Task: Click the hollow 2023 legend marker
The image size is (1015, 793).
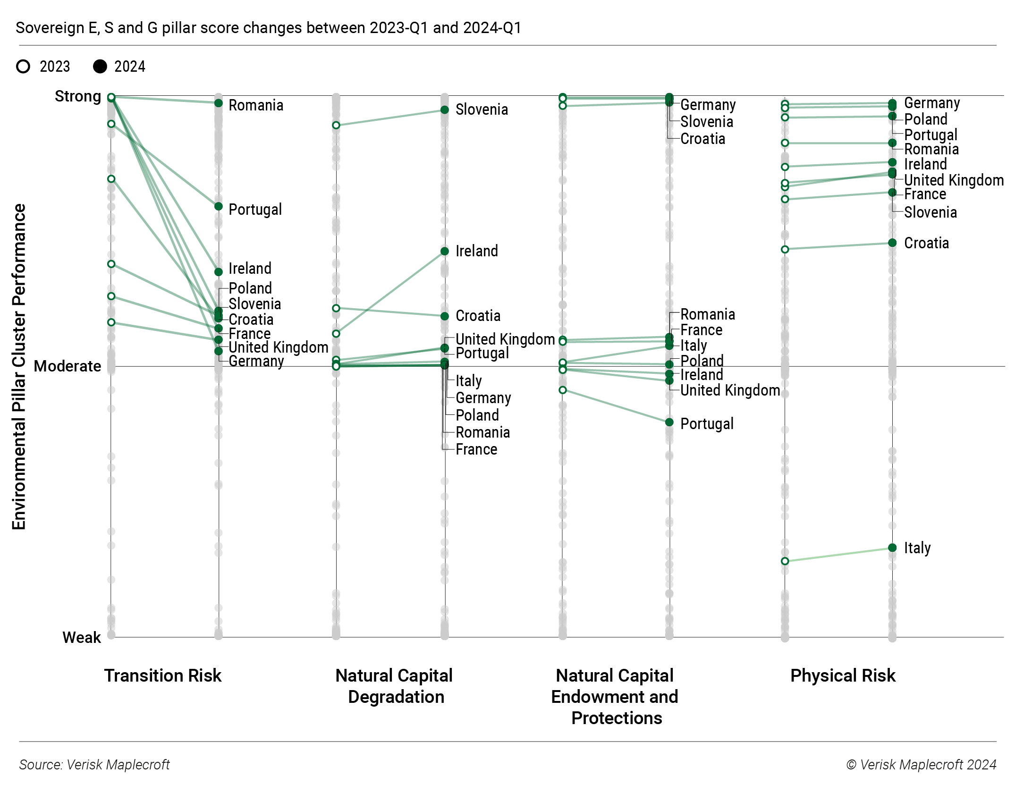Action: click(23, 67)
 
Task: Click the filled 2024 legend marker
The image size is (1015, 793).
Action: click(100, 67)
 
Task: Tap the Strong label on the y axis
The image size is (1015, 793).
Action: click(78, 96)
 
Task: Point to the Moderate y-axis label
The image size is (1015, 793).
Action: click(68, 366)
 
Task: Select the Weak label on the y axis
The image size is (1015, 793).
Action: click(82, 638)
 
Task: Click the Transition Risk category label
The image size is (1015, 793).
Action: click(163, 675)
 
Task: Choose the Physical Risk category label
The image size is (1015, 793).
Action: click(843, 675)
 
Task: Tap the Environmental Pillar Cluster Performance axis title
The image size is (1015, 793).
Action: click(19, 367)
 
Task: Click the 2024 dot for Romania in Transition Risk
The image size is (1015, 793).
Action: click(219, 103)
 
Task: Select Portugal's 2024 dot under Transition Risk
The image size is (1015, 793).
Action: click(219, 206)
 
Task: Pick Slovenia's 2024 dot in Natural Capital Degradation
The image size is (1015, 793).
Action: click(445, 110)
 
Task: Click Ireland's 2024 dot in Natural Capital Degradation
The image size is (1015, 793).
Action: click(445, 251)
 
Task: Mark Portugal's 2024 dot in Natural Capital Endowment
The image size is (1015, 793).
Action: click(669, 422)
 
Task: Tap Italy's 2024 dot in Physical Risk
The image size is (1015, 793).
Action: click(892, 548)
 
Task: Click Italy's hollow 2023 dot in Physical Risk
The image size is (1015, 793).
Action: click(785, 561)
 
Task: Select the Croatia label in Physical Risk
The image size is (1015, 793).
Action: click(926, 243)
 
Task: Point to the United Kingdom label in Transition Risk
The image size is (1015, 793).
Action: click(279, 347)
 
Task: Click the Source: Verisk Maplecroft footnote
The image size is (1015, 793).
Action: click(94, 765)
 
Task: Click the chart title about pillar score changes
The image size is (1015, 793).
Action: click(268, 28)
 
